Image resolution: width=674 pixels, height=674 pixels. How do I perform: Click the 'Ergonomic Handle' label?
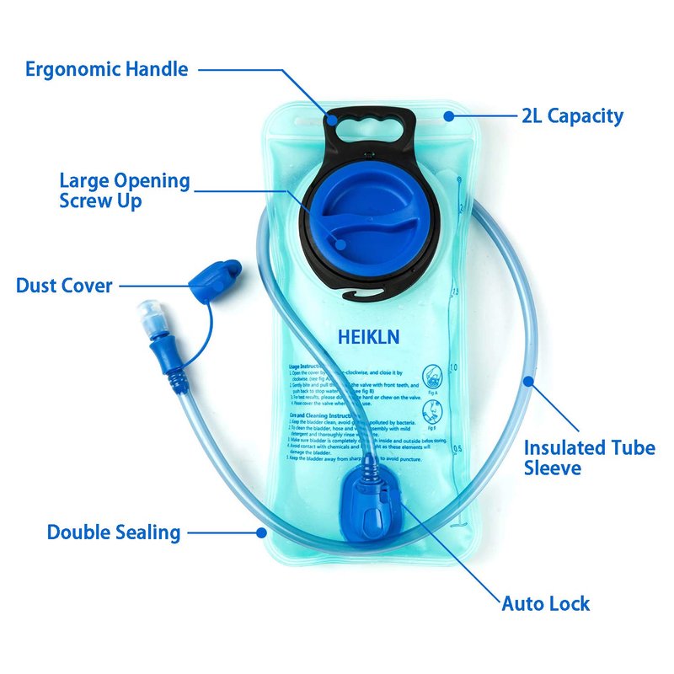[106, 69]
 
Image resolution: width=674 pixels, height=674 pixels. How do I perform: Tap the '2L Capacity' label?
[572, 115]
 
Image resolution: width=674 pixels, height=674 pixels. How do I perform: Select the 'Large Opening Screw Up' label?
[125, 190]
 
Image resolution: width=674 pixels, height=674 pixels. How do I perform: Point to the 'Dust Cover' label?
[64, 286]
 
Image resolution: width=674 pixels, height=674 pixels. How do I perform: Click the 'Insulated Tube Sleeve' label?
[589, 457]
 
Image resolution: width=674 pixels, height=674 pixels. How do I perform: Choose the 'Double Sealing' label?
[114, 532]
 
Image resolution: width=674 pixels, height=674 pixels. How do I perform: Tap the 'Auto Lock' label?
[546, 603]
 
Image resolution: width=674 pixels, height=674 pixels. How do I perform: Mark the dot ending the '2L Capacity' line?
[449, 115]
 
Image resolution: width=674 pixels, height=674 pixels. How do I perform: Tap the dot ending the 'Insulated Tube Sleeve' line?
[528, 381]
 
